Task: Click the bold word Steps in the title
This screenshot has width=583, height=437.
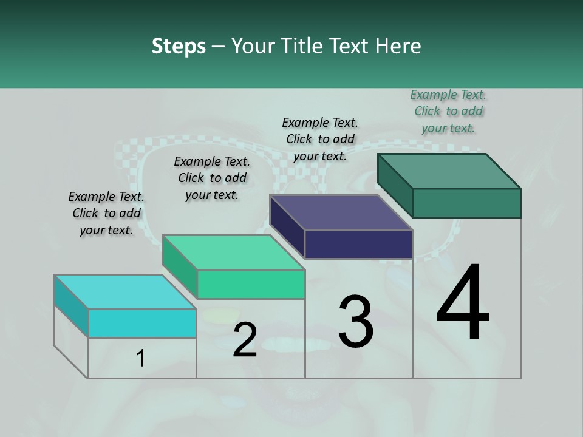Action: tap(179, 46)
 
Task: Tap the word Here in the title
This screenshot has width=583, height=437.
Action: tap(398, 46)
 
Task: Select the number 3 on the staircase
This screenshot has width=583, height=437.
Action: tap(356, 321)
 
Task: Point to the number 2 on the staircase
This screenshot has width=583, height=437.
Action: tap(245, 340)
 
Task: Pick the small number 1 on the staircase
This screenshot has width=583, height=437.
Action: tap(141, 358)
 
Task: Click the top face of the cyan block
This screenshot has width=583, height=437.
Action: tap(125, 292)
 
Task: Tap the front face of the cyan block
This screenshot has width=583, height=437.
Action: tap(142, 323)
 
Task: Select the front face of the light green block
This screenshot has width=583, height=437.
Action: tap(251, 284)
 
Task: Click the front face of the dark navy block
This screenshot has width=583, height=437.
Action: tap(358, 244)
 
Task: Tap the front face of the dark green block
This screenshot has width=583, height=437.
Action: tap(466, 203)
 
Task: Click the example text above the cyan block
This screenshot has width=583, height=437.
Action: tap(106, 213)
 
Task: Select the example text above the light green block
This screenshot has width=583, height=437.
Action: tap(212, 178)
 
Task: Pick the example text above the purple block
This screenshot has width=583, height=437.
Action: tap(320, 139)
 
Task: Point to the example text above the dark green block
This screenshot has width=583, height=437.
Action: tap(448, 111)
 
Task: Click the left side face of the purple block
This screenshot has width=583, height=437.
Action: tap(287, 226)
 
